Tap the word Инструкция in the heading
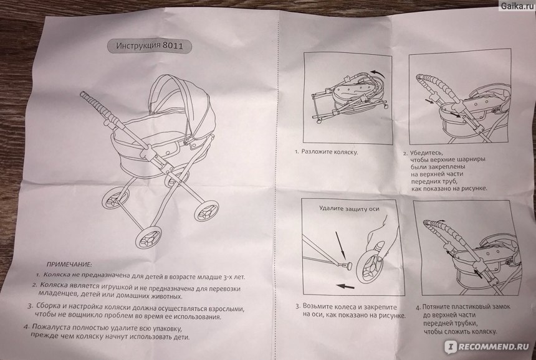click(x=138, y=45)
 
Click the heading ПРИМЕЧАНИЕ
click(x=69, y=264)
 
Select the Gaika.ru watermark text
click(x=517, y=6)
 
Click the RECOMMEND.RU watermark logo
click(x=487, y=347)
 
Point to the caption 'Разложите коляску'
click(x=329, y=152)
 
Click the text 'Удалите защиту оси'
click(x=349, y=208)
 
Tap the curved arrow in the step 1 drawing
click(x=380, y=72)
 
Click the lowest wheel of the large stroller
click(x=149, y=237)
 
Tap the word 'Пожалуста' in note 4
click(x=50, y=327)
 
